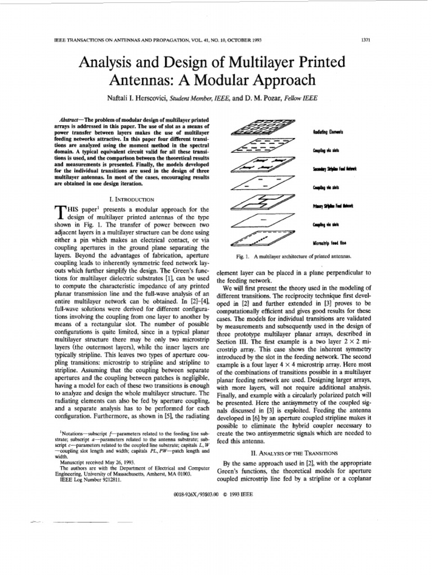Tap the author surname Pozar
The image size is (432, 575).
[273, 98]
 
